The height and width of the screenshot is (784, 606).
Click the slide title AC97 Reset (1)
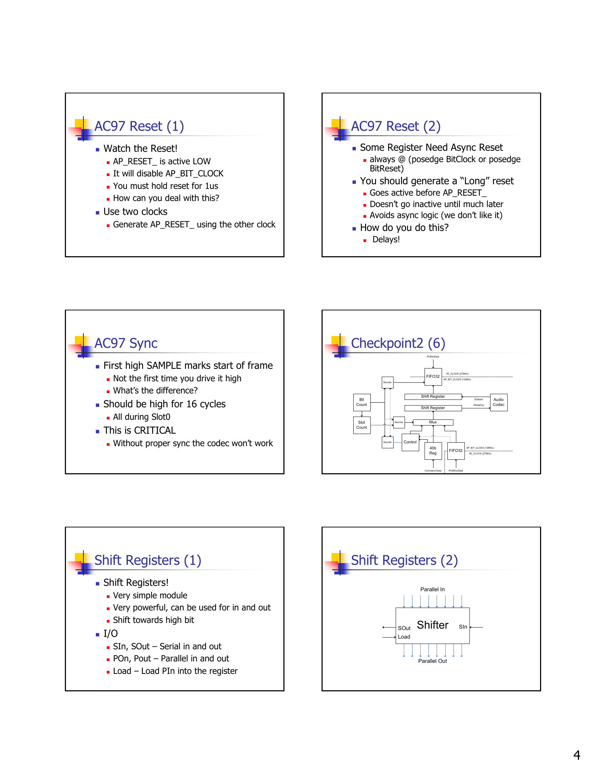tap(139, 127)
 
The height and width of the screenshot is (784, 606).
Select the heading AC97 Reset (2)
tap(395, 127)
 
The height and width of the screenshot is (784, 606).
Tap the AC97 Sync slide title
tap(125, 343)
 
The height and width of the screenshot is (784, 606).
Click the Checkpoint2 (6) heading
tap(398, 343)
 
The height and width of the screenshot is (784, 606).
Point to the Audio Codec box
tap(498, 402)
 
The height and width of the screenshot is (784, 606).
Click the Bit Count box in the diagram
tap(361, 402)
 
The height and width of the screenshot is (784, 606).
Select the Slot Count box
tap(361, 425)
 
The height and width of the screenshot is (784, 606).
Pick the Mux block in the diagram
tap(433, 423)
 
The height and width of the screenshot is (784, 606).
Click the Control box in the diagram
tap(410, 442)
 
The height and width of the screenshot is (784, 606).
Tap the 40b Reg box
tap(433, 451)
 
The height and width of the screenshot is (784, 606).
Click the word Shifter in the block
tap(433, 625)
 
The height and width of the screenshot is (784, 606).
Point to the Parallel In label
tap(432, 589)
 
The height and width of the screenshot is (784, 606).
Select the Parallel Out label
tap(432, 661)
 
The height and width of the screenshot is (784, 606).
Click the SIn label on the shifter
tap(463, 627)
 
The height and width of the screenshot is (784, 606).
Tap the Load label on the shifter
tap(404, 637)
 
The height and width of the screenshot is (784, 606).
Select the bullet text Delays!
tap(386, 239)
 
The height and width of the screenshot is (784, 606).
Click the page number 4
tap(576, 755)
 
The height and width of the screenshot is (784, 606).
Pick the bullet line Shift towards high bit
tap(153, 620)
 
